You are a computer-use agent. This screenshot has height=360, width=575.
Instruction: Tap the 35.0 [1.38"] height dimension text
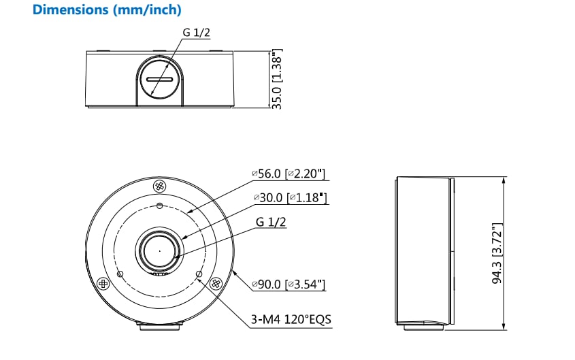tap(277, 78)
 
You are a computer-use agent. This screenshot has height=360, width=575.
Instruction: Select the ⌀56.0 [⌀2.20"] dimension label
tap(289, 174)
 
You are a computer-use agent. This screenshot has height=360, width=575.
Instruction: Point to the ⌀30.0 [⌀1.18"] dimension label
tap(289, 198)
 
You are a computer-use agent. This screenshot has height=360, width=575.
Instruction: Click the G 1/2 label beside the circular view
tap(270, 222)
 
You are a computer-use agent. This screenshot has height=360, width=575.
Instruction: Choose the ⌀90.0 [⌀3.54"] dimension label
tap(289, 283)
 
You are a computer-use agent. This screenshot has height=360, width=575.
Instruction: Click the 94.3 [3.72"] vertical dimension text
tap(497, 252)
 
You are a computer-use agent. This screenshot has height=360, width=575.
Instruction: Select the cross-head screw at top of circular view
tap(160, 186)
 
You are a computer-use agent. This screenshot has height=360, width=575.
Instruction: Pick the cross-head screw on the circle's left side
tap(103, 283)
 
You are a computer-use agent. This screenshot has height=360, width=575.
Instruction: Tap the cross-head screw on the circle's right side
tap(216, 283)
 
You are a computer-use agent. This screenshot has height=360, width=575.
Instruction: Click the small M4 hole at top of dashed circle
tap(160, 206)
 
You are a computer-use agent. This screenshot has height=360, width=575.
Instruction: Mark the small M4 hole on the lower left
tap(120, 274)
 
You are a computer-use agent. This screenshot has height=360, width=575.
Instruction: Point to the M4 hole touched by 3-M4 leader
tap(199, 274)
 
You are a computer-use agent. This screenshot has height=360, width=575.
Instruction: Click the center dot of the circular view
tap(160, 250)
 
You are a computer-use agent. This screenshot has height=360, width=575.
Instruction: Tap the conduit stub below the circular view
tap(160, 327)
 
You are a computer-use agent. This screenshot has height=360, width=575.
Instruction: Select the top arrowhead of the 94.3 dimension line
tap(504, 180)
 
